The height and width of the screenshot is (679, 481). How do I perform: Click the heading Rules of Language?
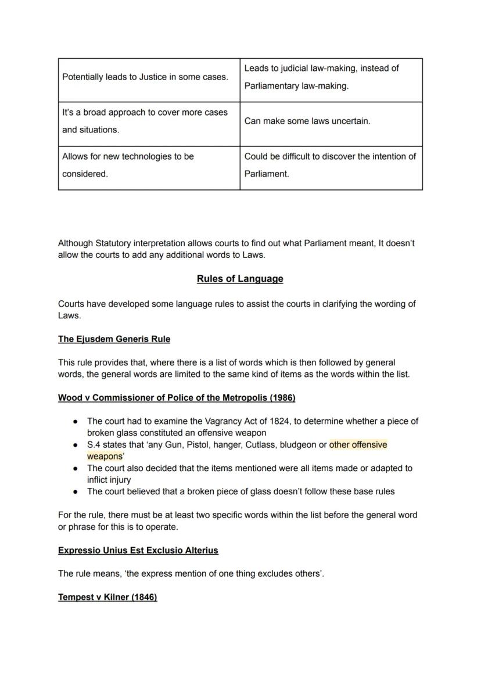tap(240, 279)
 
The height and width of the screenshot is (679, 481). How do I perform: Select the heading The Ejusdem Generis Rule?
tap(114, 339)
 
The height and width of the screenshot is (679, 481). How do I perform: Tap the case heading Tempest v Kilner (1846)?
tap(107, 597)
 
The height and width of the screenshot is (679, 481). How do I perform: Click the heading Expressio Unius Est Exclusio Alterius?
tap(138, 550)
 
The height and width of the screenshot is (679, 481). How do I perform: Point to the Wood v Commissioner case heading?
tap(177, 398)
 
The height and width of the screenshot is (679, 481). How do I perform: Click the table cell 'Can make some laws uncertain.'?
tap(307, 121)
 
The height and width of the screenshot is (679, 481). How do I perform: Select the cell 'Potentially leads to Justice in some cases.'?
tap(145, 77)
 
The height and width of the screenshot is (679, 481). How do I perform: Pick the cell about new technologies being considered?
tap(128, 165)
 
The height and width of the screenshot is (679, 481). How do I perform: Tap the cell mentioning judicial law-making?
tap(321, 77)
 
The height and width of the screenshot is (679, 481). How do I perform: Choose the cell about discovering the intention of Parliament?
tap(330, 165)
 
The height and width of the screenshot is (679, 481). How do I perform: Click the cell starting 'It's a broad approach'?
tap(145, 121)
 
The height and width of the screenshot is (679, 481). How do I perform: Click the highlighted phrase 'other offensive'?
tap(358, 445)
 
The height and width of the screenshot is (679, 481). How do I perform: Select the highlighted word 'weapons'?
tap(103, 457)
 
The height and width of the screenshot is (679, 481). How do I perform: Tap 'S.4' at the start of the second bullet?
tap(94, 445)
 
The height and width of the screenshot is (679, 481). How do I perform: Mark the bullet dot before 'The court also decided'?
tap(76, 468)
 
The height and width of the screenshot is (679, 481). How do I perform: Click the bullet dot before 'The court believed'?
tap(76, 491)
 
